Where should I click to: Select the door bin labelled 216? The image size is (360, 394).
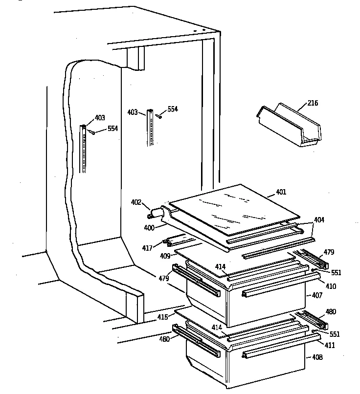289,125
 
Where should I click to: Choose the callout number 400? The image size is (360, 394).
149,228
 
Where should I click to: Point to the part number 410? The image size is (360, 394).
331,286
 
